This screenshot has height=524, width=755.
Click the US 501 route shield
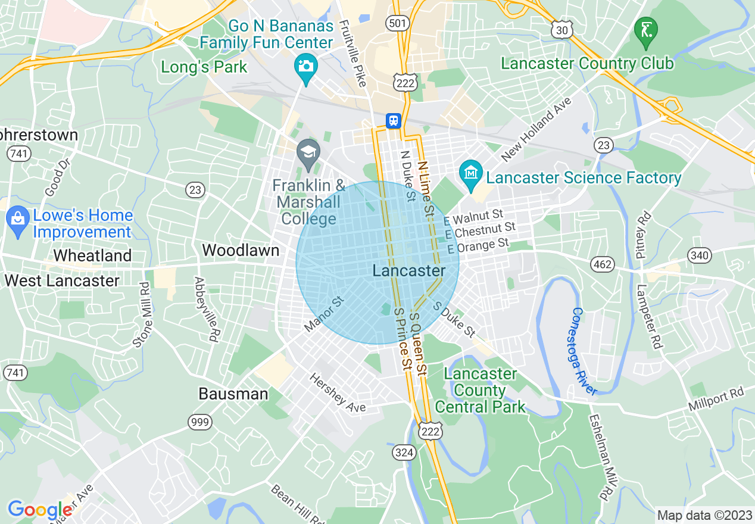click(x=397, y=23)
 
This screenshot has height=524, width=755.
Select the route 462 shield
click(x=603, y=264)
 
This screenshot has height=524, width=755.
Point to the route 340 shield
click(x=699, y=255)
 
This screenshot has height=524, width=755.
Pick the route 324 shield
click(x=404, y=453)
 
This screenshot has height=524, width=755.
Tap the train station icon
click(x=393, y=121)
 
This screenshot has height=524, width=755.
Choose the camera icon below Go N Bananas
click(x=306, y=67)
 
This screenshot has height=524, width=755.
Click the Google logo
click(x=40, y=510)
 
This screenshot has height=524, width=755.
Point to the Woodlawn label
click(x=241, y=250)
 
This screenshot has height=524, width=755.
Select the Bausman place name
click(x=233, y=394)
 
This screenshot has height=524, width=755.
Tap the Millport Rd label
click(x=716, y=400)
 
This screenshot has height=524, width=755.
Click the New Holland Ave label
click(x=536, y=129)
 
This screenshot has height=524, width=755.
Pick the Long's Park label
click(x=204, y=67)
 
